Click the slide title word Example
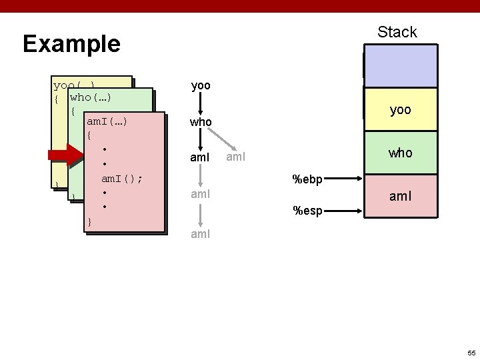(x=71, y=44)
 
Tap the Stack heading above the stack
(x=397, y=32)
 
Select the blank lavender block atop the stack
(x=400, y=66)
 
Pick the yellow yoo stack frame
(x=400, y=110)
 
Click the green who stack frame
(x=400, y=153)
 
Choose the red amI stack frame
(x=400, y=196)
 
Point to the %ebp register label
(x=308, y=179)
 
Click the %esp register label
(x=308, y=211)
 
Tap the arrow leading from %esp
(x=345, y=211)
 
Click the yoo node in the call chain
(x=201, y=86)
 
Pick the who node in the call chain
(x=201, y=123)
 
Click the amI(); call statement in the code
(x=122, y=179)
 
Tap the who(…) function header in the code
(x=90, y=98)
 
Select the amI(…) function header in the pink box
(x=107, y=121)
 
